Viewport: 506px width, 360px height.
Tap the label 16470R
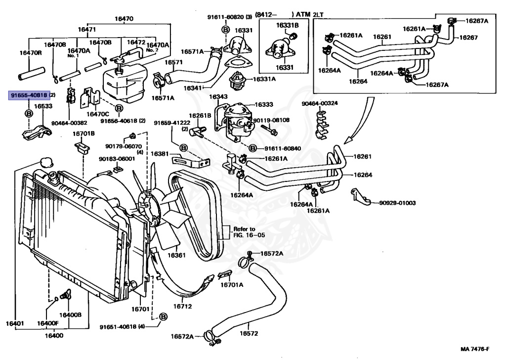point(30,53)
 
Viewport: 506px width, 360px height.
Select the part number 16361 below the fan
point(176,255)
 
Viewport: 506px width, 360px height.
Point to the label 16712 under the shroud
point(182,307)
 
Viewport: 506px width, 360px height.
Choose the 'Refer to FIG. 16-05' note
point(245,232)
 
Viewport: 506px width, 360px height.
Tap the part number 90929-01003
point(397,203)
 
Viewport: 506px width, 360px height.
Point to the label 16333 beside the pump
point(264,105)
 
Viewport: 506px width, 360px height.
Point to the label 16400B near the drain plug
point(71,315)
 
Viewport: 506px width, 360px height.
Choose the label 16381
point(160,154)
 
